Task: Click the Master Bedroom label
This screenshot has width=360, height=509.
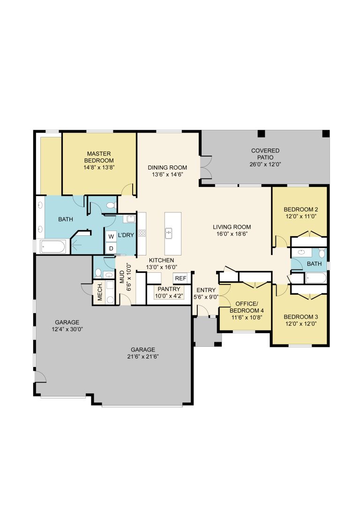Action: [x=99, y=157]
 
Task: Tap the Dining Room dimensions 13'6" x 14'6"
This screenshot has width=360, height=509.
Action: [x=167, y=174]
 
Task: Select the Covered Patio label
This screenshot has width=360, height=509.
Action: [x=265, y=154]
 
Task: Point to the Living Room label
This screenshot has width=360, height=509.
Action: [x=232, y=227]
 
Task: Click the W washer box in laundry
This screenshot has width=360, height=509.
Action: [x=111, y=236]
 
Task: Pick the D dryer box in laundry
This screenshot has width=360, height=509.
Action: [x=111, y=248]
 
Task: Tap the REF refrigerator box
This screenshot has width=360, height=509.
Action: [x=180, y=278]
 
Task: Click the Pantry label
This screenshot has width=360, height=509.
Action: [x=169, y=289]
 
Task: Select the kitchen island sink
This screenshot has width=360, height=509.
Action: [x=169, y=233]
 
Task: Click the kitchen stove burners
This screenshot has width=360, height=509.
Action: [x=142, y=233]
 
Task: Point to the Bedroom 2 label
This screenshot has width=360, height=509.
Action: [x=301, y=210]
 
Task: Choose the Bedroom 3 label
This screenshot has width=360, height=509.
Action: [x=301, y=317]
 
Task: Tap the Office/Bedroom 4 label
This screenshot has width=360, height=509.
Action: [x=247, y=307]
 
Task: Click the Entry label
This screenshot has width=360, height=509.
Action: [x=206, y=290]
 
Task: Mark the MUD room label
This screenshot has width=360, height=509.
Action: [x=122, y=277]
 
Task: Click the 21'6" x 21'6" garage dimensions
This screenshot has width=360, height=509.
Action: [x=143, y=356]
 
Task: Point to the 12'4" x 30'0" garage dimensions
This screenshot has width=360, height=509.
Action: [x=67, y=329]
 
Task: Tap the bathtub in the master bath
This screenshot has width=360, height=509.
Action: [x=53, y=247]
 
